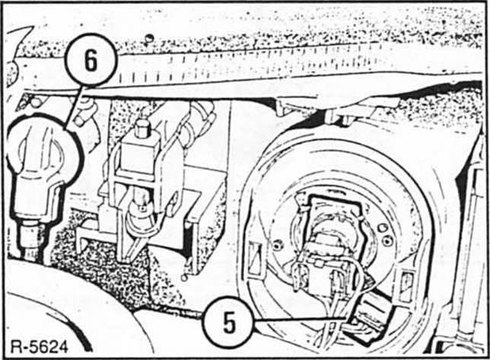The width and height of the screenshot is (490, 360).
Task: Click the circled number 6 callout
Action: tap(91, 60)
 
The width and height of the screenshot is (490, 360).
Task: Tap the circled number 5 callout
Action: tap(229, 322)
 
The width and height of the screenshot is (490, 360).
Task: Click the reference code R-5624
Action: tap(40, 347)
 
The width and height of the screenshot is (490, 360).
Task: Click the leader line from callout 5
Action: tap(300, 320)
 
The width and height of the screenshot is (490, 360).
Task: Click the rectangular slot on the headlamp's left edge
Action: tap(256, 260)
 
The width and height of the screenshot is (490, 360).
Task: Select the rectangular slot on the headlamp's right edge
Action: tap(406, 287)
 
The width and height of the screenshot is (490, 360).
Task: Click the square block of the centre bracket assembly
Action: tap(138, 156)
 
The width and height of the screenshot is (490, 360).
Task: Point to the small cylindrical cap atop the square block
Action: tap(143, 128)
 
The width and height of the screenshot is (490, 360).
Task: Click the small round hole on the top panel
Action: tap(150, 38)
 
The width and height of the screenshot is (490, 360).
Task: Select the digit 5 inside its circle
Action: tap(229, 322)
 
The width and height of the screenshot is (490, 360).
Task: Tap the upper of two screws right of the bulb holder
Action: tap(383, 228)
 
